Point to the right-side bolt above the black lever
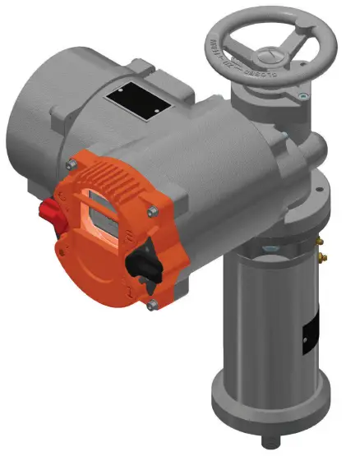pos(153,214)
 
